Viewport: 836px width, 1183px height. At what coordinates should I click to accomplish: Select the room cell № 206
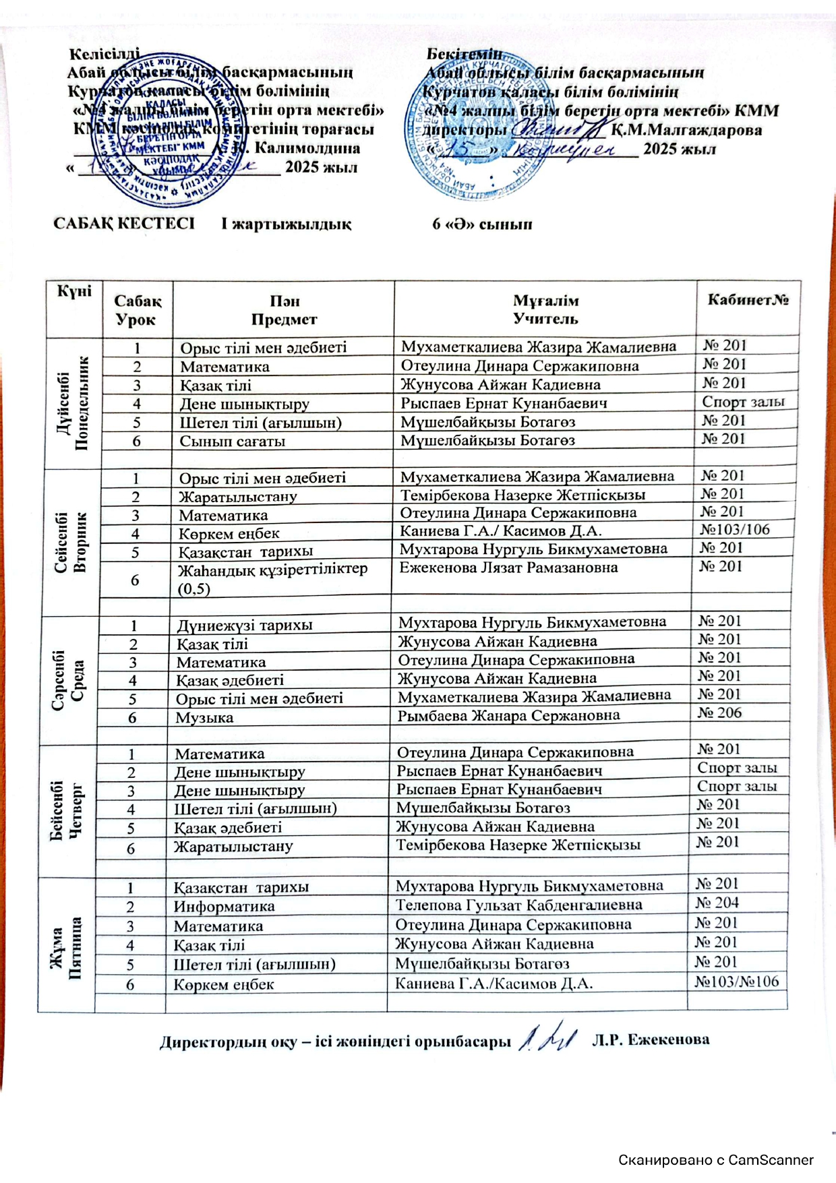point(719,713)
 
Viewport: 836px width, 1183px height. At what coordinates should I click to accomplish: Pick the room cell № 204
point(717,903)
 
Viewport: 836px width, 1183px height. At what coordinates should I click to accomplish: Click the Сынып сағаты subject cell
point(232,442)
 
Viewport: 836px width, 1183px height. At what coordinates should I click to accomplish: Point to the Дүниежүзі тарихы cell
point(244,625)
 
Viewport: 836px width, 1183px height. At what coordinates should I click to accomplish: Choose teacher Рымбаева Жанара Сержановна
point(508,715)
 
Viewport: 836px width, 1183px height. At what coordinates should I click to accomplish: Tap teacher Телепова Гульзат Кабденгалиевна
point(518,905)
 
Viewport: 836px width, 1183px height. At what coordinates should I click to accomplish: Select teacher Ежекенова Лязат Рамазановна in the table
point(508,568)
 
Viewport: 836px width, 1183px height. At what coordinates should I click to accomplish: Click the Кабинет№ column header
point(748,300)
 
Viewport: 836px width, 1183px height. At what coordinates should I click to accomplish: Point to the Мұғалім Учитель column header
point(545,309)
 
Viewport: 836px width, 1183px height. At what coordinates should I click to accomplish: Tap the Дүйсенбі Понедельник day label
point(73,402)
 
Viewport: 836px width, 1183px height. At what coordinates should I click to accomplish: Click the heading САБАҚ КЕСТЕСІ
point(124,224)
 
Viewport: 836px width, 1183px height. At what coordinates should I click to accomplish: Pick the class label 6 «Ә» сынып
point(482,224)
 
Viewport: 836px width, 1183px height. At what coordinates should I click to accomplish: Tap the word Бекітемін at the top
point(465,53)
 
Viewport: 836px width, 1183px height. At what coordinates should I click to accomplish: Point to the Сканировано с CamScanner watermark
point(716,1160)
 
